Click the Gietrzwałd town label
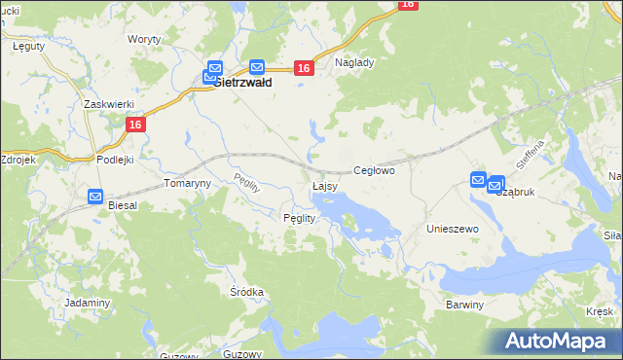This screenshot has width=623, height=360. tap(242, 84)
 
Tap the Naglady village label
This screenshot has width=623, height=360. tap(354, 61)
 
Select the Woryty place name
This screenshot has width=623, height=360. tap(144, 39)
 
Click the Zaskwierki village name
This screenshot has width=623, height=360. tap(108, 103)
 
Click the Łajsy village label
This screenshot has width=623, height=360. tap(325, 185)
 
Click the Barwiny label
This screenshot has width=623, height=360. tap(464, 305)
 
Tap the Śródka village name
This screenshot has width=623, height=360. tap(247, 292)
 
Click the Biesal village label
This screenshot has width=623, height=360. tap(124, 206)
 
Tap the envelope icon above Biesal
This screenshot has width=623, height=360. tap(95, 196)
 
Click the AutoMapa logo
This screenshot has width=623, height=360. tap(560, 341)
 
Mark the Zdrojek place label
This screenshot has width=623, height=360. tap(18, 159)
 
